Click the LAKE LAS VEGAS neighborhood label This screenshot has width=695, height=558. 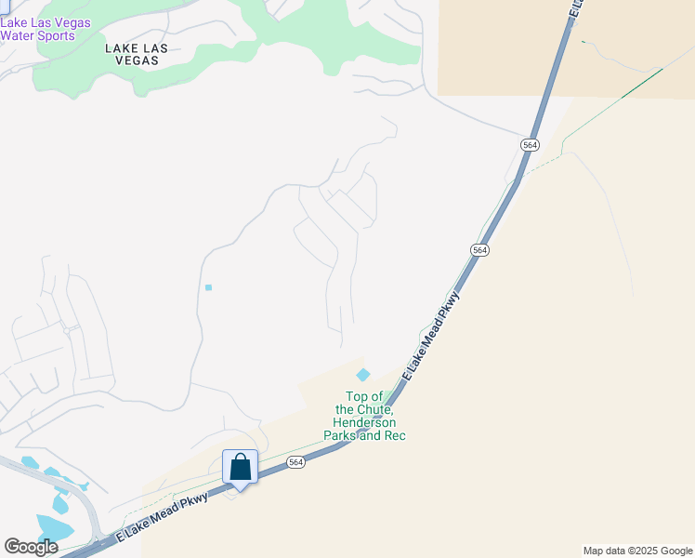(x=131, y=53)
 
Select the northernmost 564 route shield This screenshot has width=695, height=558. (x=529, y=145)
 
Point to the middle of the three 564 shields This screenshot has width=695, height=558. (x=479, y=250)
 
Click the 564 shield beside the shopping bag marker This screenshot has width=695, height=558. (x=295, y=462)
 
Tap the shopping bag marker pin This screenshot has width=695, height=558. (x=240, y=468)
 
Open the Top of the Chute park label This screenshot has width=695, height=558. (x=364, y=416)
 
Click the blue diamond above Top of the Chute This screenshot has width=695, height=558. (x=363, y=374)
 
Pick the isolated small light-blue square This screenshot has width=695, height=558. (x=208, y=287)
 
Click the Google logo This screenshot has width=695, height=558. (x=31, y=547)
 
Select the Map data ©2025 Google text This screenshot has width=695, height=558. (x=638, y=551)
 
